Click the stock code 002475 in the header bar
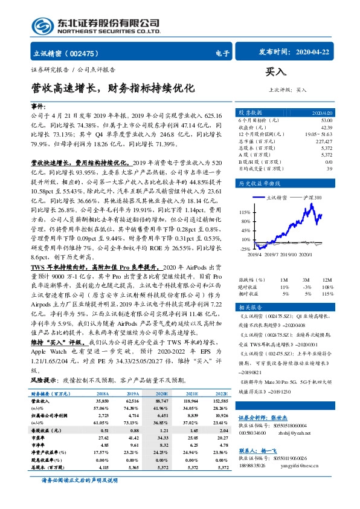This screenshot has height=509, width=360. click(89, 53)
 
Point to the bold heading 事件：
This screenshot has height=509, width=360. click(40, 106)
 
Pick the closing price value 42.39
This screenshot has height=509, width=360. click(325, 127)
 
